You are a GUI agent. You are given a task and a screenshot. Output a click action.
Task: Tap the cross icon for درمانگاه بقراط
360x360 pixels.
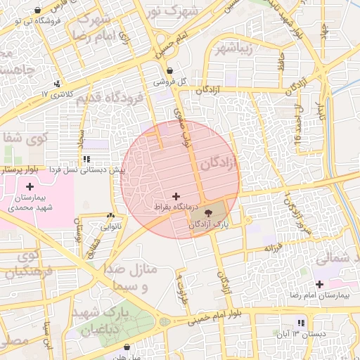[175, 195]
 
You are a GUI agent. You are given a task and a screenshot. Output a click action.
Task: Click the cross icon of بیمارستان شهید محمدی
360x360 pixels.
[29, 186]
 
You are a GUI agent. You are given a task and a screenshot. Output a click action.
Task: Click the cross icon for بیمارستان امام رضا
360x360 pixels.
[320, 284]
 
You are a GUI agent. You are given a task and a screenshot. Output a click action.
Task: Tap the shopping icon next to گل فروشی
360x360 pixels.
[170, 69]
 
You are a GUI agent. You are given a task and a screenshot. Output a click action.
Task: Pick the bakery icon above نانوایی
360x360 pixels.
[111, 216]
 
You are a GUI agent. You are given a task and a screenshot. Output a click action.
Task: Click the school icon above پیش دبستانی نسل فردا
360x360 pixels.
[86, 159]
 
